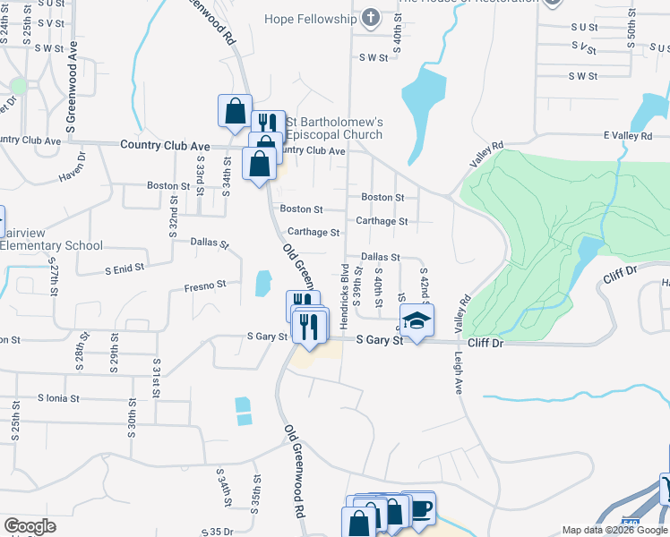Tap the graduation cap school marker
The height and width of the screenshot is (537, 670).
pyautogui.click(x=417, y=321)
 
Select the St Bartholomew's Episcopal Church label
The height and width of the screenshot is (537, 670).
pyautogui.click(x=334, y=128)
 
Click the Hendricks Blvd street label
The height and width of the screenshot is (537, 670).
pyautogui.click(x=344, y=286)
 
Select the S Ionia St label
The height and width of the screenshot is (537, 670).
pyautogui.click(x=58, y=397)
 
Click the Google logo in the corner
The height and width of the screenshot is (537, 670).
pyautogui.click(x=30, y=526)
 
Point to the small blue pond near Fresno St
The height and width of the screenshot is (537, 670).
pyautogui.click(x=262, y=284)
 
